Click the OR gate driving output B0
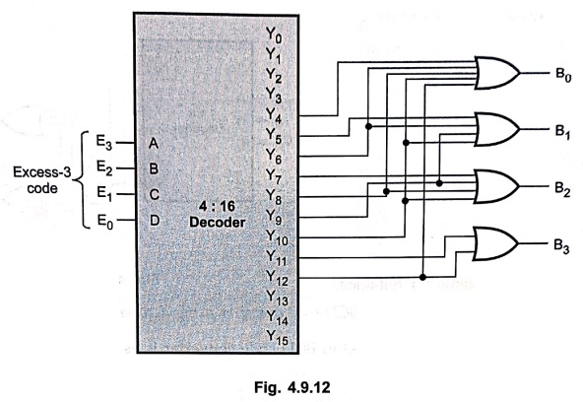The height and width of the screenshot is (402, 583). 497,73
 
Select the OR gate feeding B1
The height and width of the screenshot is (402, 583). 497,129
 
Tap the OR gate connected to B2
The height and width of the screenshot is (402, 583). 497,186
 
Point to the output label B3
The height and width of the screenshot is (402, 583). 561,246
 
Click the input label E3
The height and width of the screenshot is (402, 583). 104,143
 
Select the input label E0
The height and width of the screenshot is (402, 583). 104,222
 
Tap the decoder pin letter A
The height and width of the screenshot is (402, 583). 154,143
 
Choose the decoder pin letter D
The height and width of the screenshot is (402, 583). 155,221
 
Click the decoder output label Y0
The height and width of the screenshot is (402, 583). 274,35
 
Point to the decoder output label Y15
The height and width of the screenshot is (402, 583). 278,337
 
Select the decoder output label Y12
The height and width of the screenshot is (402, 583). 278,278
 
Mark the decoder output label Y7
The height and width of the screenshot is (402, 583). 275,177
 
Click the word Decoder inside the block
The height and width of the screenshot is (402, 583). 218,223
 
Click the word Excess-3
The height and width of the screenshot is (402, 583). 42,172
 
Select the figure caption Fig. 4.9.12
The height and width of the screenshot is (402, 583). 291,387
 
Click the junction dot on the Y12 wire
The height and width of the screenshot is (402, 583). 422,277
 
